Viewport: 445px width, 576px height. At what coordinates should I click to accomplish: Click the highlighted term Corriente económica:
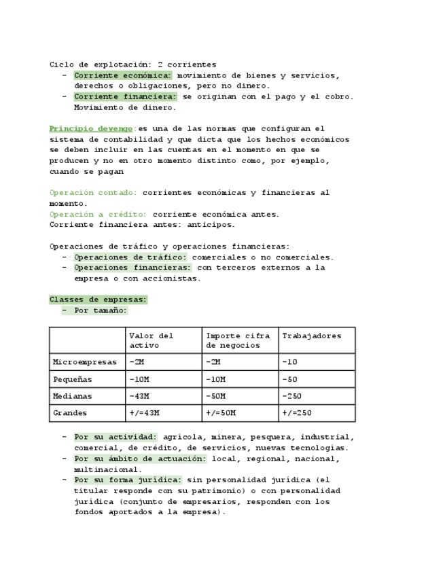(123, 75)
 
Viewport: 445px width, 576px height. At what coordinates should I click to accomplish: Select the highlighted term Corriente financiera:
(125, 96)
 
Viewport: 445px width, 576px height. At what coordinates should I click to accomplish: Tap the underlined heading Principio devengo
(91, 128)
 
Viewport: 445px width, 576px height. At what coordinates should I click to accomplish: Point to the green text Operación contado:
(93, 193)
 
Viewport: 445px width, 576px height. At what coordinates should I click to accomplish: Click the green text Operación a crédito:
(98, 214)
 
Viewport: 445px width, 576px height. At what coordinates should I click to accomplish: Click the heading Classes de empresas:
(98, 300)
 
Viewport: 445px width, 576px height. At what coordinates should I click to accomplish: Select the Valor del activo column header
(151, 340)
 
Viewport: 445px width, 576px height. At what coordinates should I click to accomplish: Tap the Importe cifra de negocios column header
(238, 340)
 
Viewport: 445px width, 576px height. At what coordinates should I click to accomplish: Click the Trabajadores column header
(312, 336)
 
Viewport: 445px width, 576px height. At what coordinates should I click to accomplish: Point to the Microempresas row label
(85, 362)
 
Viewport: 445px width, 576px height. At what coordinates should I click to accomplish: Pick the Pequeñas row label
(73, 379)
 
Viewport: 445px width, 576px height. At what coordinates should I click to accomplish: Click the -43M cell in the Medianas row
(139, 396)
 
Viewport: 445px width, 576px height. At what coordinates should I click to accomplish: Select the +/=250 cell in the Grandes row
(297, 413)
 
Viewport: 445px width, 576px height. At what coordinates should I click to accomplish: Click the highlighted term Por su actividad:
(115, 437)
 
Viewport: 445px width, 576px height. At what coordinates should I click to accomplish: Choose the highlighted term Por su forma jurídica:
(128, 480)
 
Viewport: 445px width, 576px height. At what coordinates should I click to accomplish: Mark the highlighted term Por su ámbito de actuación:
(140, 458)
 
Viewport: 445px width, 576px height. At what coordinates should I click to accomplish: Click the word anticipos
(213, 225)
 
